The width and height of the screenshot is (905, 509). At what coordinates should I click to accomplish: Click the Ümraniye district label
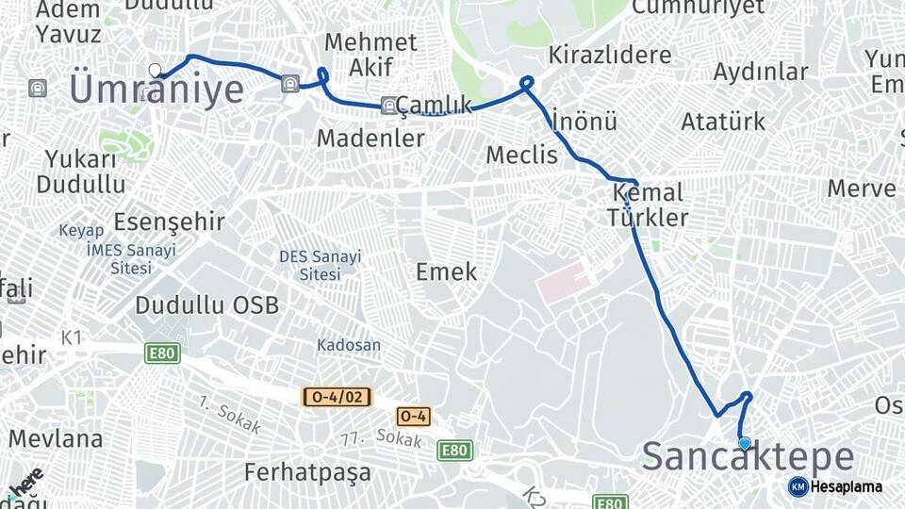pyautogui.click(x=156, y=91)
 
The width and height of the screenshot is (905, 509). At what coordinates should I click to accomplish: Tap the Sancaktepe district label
pyautogui.click(x=749, y=458)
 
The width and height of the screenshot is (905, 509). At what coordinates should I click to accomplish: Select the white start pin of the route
pyautogui.click(x=156, y=70)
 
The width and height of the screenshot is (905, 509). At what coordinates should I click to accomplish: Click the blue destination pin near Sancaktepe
pyautogui.click(x=745, y=443)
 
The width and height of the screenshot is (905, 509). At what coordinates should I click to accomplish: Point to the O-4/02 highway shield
pyautogui.click(x=336, y=397)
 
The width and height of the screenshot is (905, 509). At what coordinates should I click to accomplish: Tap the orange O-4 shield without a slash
pyautogui.click(x=413, y=416)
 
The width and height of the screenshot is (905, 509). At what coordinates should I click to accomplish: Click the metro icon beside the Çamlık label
pyautogui.click(x=388, y=105)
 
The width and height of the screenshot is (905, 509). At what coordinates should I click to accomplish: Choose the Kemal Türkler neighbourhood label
pyautogui.click(x=648, y=205)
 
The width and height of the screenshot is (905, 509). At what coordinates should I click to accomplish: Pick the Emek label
pyautogui.click(x=446, y=272)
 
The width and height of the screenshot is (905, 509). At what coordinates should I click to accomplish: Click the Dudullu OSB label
pyautogui.click(x=206, y=305)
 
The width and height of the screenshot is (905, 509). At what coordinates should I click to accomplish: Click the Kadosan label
pyautogui.click(x=349, y=345)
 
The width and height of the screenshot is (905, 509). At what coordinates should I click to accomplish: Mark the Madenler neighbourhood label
pyautogui.click(x=370, y=138)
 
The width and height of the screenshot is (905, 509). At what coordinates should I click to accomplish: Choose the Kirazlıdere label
pyautogui.click(x=610, y=54)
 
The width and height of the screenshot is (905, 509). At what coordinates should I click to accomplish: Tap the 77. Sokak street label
pyautogui.click(x=381, y=437)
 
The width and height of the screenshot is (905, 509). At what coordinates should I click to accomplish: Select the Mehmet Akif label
pyautogui.click(x=370, y=54)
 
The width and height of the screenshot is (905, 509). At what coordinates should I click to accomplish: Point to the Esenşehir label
pyautogui.click(x=169, y=222)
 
